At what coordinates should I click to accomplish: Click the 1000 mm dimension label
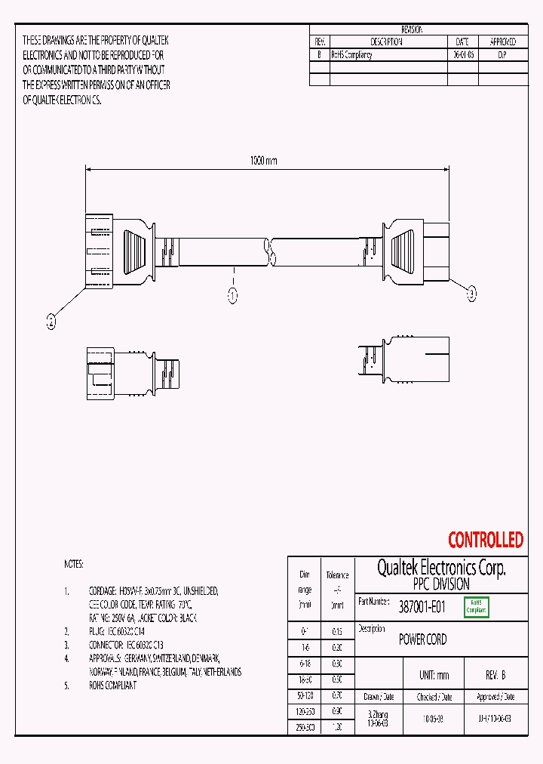(x=263, y=161)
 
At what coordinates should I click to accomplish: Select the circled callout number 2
(x=51, y=322)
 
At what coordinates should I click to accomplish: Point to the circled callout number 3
(x=472, y=294)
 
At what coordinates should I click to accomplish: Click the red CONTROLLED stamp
(x=485, y=540)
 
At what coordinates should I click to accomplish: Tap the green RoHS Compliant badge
(x=477, y=606)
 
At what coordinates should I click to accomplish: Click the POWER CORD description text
(x=422, y=639)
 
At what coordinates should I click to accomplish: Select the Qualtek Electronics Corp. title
(x=441, y=568)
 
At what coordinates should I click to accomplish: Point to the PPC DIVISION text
(x=441, y=584)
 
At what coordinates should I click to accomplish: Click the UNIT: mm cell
(x=434, y=675)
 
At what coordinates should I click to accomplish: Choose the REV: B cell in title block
(x=495, y=675)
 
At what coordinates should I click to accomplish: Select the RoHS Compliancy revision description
(x=351, y=55)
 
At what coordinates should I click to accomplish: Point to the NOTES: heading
(x=74, y=564)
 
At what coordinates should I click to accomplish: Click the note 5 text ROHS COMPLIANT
(x=112, y=685)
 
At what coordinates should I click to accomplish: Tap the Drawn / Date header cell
(x=378, y=697)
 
